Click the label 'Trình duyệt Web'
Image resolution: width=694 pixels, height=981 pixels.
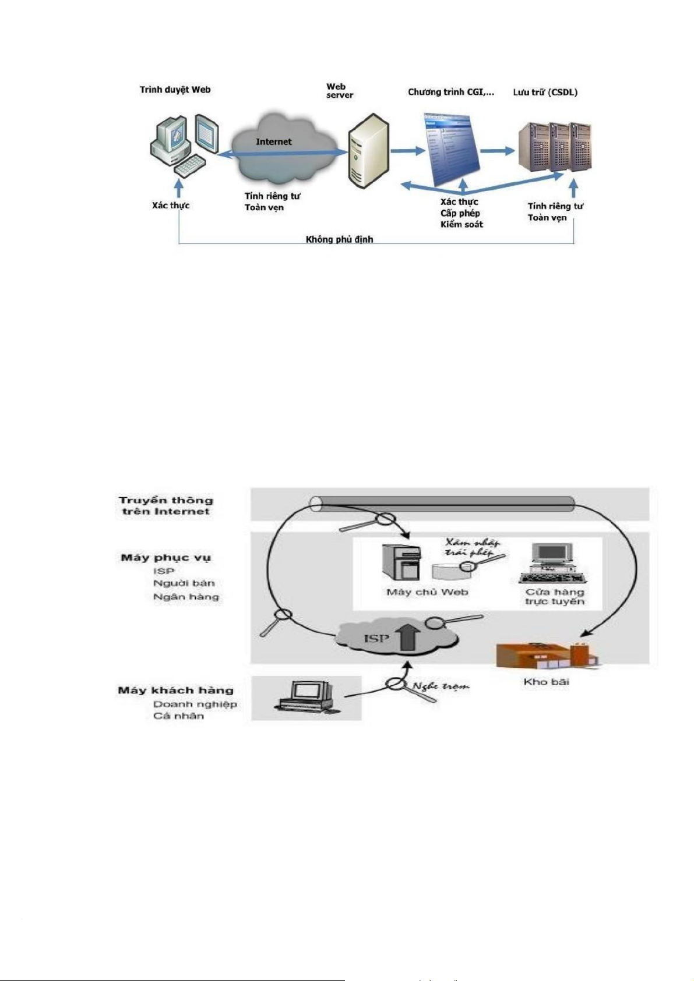(x=175, y=90)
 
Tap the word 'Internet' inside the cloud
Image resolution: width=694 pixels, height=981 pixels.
(x=273, y=141)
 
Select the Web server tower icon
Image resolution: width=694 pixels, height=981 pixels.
(x=368, y=151)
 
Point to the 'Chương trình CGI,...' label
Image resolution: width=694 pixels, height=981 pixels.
(x=450, y=92)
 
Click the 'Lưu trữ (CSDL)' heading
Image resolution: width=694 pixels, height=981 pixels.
(x=545, y=92)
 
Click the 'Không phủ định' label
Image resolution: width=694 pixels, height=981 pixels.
(x=339, y=239)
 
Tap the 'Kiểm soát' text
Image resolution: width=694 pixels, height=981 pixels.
(x=462, y=224)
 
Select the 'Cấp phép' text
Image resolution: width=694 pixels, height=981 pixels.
(x=460, y=213)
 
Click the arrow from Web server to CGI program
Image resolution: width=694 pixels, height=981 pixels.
(x=407, y=151)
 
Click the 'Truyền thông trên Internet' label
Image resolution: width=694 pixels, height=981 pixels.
(x=166, y=505)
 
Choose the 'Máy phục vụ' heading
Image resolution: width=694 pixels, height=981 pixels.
(x=166, y=557)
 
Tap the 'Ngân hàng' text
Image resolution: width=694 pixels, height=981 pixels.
(x=186, y=597)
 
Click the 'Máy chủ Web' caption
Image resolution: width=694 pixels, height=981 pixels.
(x=427, y=592)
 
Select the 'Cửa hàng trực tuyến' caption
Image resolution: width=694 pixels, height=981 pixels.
(x=555, y=597)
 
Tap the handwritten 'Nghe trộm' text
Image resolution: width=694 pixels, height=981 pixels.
(x=441, y=686)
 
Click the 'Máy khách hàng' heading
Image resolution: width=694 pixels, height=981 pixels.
(x=175, y=690)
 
